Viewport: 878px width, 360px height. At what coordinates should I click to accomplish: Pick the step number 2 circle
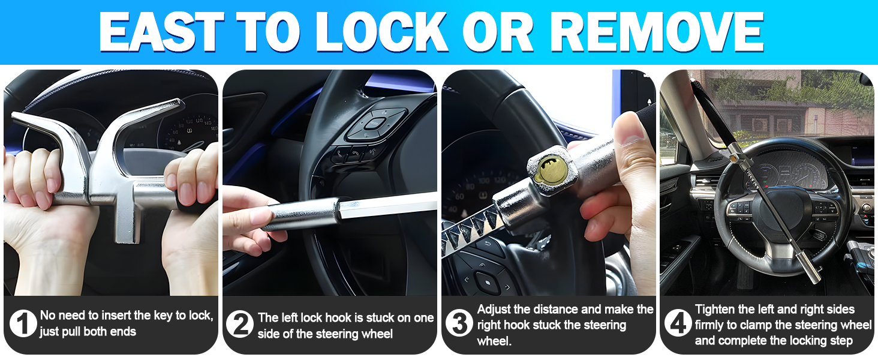(240, 325)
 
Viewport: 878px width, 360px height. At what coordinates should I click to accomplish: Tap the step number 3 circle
(459, 325)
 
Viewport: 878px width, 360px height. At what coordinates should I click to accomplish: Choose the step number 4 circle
(678, 325)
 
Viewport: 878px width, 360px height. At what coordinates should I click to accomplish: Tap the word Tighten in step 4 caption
(715, 310)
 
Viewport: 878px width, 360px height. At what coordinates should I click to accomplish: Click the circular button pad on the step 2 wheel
(373, 124)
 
